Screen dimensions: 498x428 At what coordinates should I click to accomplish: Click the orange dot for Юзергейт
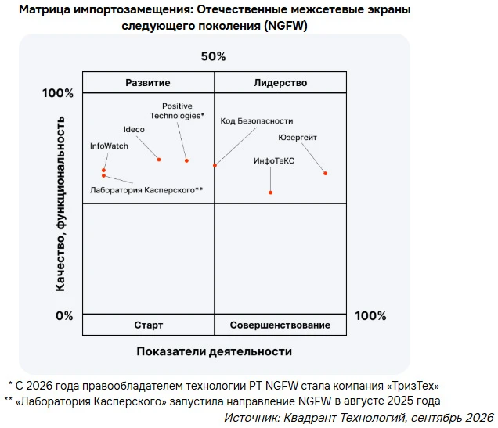[325, 173]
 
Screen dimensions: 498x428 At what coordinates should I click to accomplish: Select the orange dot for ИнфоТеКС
[271, 192]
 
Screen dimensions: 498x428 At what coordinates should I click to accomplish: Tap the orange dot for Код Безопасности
[215, 165]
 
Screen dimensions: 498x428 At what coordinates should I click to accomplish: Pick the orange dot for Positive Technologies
[186, 160]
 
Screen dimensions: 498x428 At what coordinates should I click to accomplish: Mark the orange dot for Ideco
[159, 160]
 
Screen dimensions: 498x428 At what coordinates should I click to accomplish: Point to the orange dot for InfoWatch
[103, 171]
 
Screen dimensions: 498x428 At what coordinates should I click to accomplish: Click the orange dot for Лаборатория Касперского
[103, 176]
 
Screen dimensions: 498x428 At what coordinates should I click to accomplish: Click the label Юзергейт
[298, 138]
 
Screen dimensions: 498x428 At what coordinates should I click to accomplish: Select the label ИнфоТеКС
[274, 161]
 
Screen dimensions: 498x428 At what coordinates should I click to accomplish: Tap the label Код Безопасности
[257, 120]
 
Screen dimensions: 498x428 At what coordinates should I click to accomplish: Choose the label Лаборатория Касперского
[146, 190]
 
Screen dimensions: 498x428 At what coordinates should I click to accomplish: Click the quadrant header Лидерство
[280, 83]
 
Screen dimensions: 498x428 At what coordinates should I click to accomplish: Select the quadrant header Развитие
[148, 83]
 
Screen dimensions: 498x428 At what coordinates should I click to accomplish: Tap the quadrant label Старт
[148, 325]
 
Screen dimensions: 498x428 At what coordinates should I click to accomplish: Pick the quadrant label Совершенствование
[280, 325]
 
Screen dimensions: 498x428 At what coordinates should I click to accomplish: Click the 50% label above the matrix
[214, 56]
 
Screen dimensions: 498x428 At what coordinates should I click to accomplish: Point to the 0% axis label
[64, 316]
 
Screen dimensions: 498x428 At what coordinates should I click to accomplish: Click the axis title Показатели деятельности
[214, 351]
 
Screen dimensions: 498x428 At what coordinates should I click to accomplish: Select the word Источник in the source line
[251, 418]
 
